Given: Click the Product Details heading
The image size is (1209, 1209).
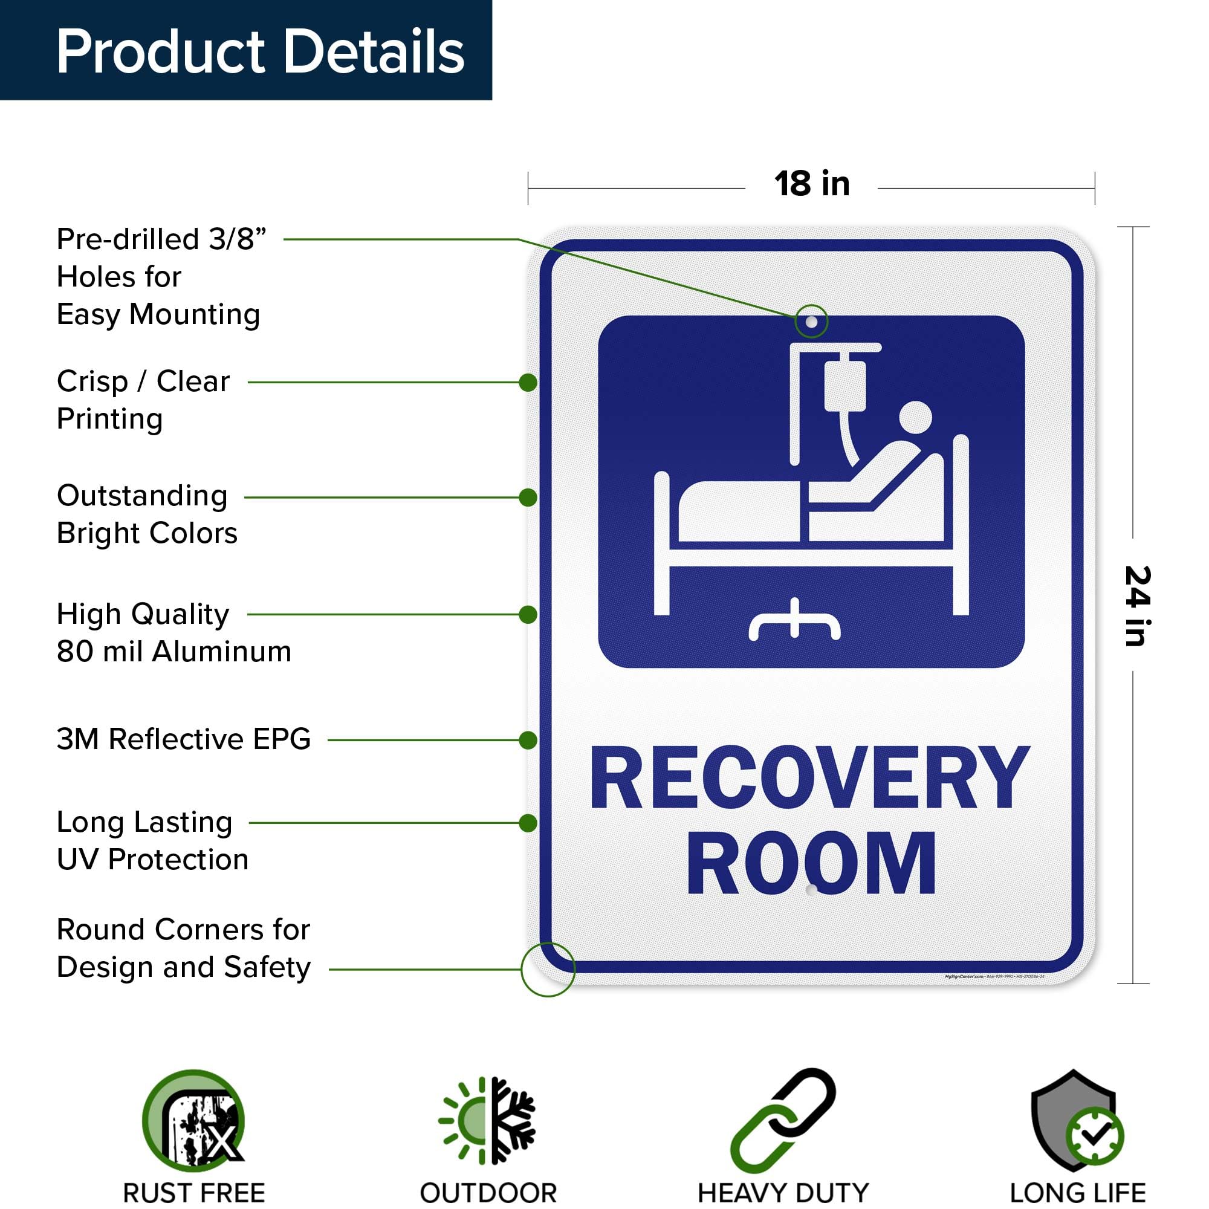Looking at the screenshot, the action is point(260,51).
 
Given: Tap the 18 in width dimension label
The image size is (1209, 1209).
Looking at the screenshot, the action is point(812,184).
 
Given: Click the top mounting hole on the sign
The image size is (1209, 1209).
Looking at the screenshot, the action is point(811,322).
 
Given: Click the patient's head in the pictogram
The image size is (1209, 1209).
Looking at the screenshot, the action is point(915,417).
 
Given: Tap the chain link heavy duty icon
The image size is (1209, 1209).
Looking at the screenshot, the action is point(783,1121).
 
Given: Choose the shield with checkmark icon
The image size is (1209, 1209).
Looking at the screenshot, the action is point(1077,1121).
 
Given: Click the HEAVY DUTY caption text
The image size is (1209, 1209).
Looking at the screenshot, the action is point(783,1193).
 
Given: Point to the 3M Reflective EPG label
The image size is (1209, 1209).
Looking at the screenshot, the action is point(183,739).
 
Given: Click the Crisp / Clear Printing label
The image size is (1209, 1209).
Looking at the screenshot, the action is point(143,399).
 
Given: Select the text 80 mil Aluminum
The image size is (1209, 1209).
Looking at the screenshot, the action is point(174,652).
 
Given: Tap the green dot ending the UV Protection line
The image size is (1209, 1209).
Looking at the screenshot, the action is point(528,823).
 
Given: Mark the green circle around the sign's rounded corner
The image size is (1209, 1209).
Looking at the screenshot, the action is point(548,970).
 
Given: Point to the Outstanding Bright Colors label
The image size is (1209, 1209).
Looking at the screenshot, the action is point(147,514).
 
